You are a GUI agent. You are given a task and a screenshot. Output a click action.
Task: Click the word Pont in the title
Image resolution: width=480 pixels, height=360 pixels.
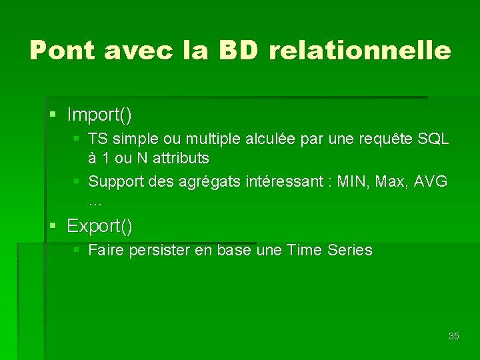[x=63, y=50]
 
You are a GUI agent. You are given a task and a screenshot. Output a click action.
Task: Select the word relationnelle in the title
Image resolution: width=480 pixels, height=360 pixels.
[x=360, y=50]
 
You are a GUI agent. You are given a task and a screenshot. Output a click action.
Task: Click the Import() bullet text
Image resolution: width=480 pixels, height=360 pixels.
[x=99, y=115]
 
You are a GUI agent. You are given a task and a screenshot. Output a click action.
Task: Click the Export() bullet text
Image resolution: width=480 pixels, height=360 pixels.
[x=99, y=226]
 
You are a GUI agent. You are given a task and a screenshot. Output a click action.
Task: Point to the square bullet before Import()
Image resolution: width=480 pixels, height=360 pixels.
[x=53, y=115]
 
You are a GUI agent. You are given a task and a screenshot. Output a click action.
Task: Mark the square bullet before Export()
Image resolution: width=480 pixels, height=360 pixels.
[x=53, y=226]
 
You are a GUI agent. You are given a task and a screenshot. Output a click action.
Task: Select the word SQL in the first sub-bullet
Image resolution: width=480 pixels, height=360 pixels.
[x=433, y=139]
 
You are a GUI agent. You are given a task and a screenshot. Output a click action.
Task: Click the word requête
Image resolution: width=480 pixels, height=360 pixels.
[x=384, y=140]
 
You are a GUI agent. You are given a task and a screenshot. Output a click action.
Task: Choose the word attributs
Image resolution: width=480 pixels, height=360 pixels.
[x=181, y=159]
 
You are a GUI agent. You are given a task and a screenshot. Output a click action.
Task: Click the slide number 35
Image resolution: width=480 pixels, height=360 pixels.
[x=453, y=336]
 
